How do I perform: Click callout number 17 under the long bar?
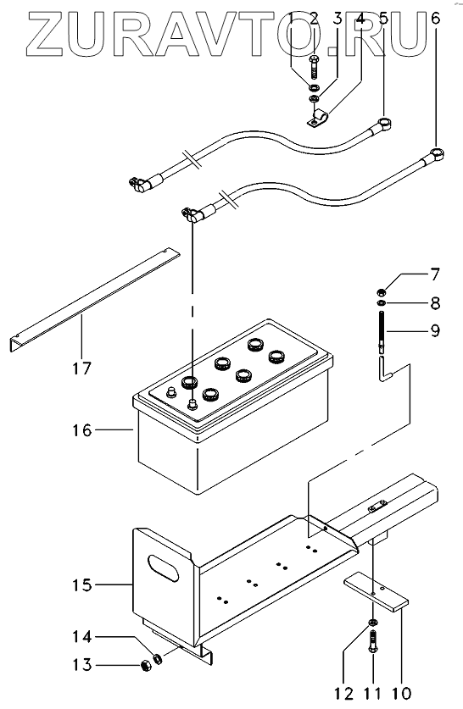coord(82,368)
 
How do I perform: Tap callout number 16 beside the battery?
coord(82,430)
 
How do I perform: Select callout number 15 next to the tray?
coord(82,585)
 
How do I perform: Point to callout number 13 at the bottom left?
coord(82,665)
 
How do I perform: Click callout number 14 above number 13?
coord(82,637)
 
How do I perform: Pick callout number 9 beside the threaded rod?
coord(435,330)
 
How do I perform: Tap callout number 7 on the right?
coord(435,274)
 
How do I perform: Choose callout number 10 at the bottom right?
coord(402,693)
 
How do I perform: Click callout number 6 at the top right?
coord(435,19)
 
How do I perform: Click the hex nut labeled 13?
coord(146,665)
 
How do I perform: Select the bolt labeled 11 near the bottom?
coord(373,641)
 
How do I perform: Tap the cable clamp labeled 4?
coord(317,117)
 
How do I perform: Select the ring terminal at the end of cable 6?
coord(436,153)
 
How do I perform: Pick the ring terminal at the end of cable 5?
coord(384,123)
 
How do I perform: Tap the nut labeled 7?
coord(382,291)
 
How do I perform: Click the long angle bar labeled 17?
coord(95,299)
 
